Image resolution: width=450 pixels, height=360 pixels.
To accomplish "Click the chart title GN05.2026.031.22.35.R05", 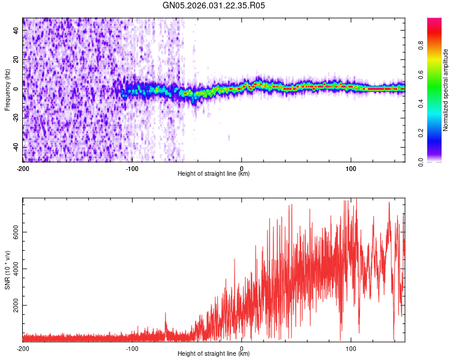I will click(x=214, y=5).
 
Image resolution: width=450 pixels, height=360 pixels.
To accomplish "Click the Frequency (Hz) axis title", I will click(x=7, y=89).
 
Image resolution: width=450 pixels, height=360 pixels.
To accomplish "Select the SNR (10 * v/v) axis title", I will click(x=7, y=270).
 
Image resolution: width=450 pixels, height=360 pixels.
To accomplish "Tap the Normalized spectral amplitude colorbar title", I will click(x=446, y=90).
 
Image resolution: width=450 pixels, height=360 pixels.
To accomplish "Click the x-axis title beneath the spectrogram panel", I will click(x=214, y=174).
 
